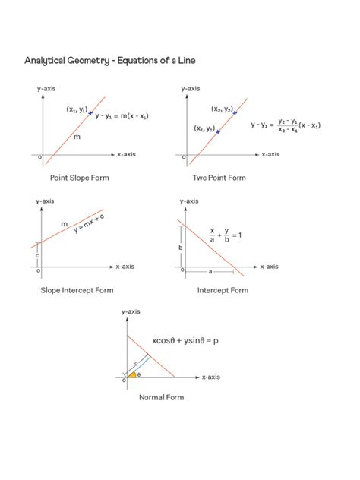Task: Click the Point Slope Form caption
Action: coord(80,178)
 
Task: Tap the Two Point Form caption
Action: coord(219,178)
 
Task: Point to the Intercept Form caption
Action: coord(223,290)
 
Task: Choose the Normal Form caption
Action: coord(161,396)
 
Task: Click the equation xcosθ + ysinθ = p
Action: coord(185,340)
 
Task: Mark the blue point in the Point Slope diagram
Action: coord(90,114)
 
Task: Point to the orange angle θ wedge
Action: coord(132,374)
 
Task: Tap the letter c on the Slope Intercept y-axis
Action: coord(37,255)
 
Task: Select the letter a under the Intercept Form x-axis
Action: coord(210,271)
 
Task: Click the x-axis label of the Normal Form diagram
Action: coord(210,377)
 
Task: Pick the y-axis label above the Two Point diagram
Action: coord(191,89)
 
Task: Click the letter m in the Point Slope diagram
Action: coord(77,137)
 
